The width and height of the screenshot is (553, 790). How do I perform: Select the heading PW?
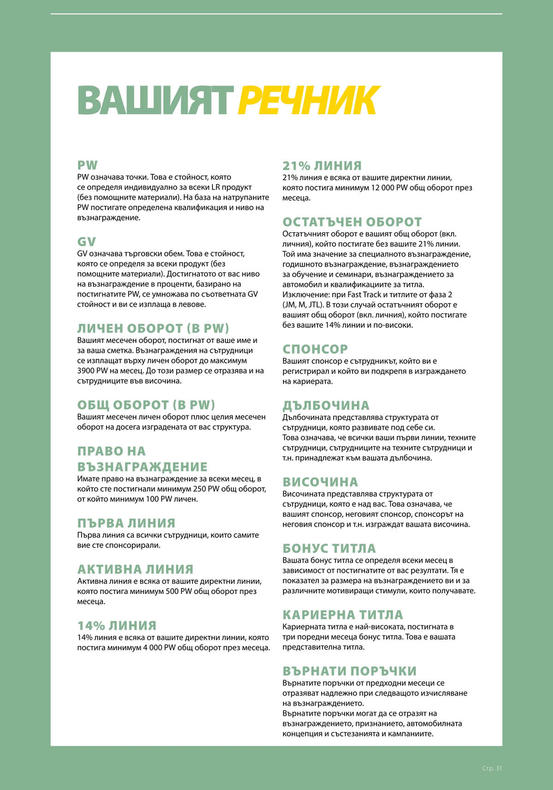[x=88, y=165]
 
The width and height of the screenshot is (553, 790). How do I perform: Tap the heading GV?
[x=87, y=242]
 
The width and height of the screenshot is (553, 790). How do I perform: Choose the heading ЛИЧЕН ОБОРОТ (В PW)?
[x=153, y=328]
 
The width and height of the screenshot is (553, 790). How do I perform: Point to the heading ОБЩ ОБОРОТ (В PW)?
[x=146, y=405]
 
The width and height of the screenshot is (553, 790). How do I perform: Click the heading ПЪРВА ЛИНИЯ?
[x=126, y=523]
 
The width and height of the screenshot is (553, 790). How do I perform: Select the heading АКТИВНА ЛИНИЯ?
[x=135, y=569]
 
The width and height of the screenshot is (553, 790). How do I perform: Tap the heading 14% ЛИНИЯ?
[x=117, y=625]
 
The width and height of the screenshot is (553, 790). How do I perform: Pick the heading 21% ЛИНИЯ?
[x=322, y=166]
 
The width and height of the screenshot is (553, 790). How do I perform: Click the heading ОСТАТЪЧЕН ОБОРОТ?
[x=352, y=222]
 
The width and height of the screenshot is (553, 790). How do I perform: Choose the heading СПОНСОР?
[x=315, y=349]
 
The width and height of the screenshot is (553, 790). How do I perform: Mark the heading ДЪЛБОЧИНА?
[x=326, y=405]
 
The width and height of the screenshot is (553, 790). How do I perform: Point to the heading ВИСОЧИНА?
[x=320, y=482]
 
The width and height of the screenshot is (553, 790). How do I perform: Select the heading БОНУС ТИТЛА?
[x=329, y=548]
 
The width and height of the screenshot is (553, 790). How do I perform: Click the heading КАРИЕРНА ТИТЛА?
[x=343, y=615]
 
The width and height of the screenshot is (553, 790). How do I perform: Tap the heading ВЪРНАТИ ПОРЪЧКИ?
[x=349, y=671]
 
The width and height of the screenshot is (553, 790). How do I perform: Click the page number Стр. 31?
[x=492, y=768]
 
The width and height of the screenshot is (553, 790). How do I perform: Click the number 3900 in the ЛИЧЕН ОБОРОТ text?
[x=86, y=371]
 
